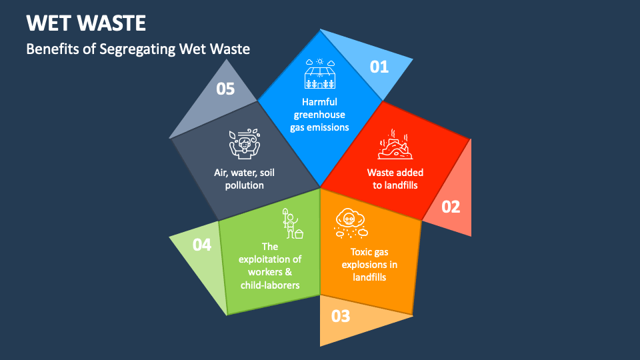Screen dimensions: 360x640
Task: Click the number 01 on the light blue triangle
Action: pyautogui.click(x=379, y=67)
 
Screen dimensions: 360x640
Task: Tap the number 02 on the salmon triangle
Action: pyautogui.click(x=451, y=207)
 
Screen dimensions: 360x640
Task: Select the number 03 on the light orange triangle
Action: pyautogui.click(x=340, y=316)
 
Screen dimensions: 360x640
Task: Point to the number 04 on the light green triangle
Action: pyautogui.click(x=202, y=245)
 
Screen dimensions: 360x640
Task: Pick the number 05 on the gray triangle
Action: pyautogui.click(x=226, y=89)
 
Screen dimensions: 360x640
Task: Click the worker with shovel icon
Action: pyautogui.click(x=291, y=223)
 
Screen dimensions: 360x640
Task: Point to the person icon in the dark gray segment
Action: pyautogui.click(x=244, y=143)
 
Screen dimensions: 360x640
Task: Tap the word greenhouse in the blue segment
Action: pyautogui.click(x=319, y=115)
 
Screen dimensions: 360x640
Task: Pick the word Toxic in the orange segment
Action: pyautogui.click(x=363, y=252)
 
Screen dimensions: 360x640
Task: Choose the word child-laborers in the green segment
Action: pyautogui.click(x=270, y=285)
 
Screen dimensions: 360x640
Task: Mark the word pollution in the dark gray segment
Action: pyautogui.click(x=244, y=185)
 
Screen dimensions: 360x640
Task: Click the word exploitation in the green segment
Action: pyautogui.click(x=270, y=259)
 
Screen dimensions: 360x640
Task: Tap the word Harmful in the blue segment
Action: pyautogui.click(x=319, y=102)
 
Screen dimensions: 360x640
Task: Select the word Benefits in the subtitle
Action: pyautogui.click(x=49, y=49)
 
